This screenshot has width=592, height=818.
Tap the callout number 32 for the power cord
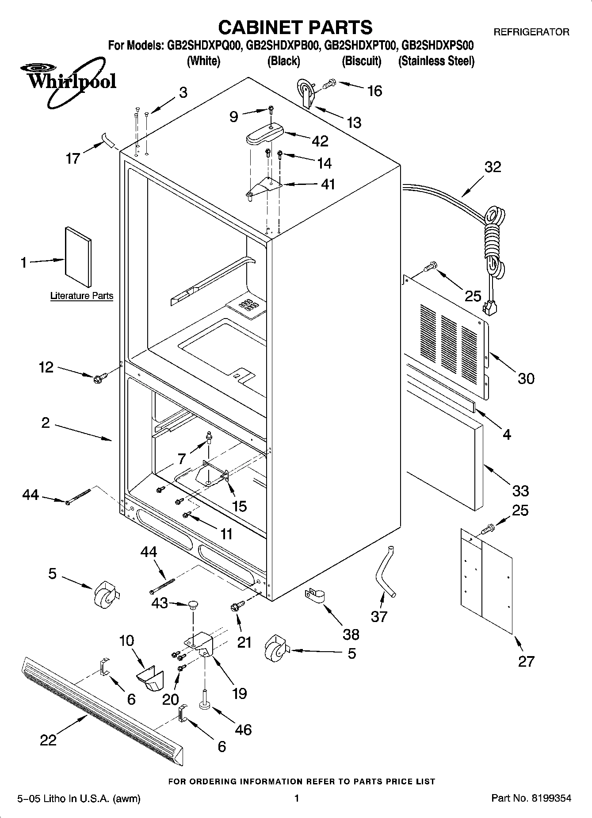493,167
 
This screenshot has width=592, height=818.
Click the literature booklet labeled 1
78,257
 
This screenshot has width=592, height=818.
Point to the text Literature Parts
82,296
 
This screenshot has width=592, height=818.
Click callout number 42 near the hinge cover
320,141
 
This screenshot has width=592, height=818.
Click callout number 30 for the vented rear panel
526,378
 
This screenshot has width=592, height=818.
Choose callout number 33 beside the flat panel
520,491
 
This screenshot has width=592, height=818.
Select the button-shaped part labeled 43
193,604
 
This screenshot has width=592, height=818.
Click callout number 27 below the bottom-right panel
526,661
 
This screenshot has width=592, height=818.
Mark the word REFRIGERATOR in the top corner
531,32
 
